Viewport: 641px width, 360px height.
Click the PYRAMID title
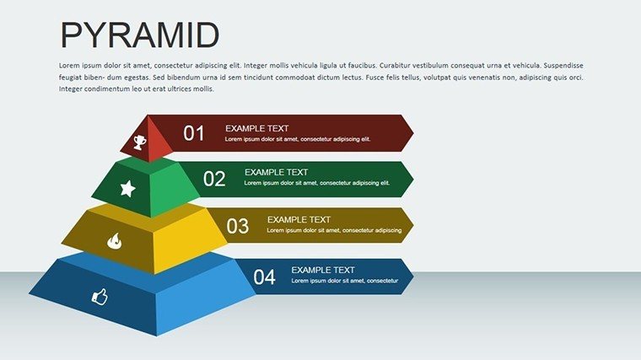(140, 35)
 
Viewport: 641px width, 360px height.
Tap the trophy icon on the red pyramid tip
(140, 142)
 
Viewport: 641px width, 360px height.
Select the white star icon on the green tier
(128, 188)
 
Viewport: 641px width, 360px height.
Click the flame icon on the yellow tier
(115, 241)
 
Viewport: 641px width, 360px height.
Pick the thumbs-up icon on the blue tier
(100, 296)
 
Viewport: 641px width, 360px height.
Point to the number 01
(193, 133)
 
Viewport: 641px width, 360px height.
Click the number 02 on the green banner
(214, 179)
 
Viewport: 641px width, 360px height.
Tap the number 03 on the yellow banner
(238, 226)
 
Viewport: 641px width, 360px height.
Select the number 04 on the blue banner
(264, 277)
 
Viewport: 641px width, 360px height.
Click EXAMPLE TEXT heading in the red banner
(256, 128)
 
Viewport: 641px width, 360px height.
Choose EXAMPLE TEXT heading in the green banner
(276, 173)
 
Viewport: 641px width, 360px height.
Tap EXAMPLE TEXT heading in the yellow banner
(299, 220)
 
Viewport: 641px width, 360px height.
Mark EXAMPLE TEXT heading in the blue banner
(323, 270)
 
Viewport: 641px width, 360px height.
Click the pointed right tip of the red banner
(413, 133)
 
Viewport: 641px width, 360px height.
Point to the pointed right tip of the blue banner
(413, 277)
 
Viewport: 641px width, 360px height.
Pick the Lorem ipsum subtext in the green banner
(317, 183)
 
